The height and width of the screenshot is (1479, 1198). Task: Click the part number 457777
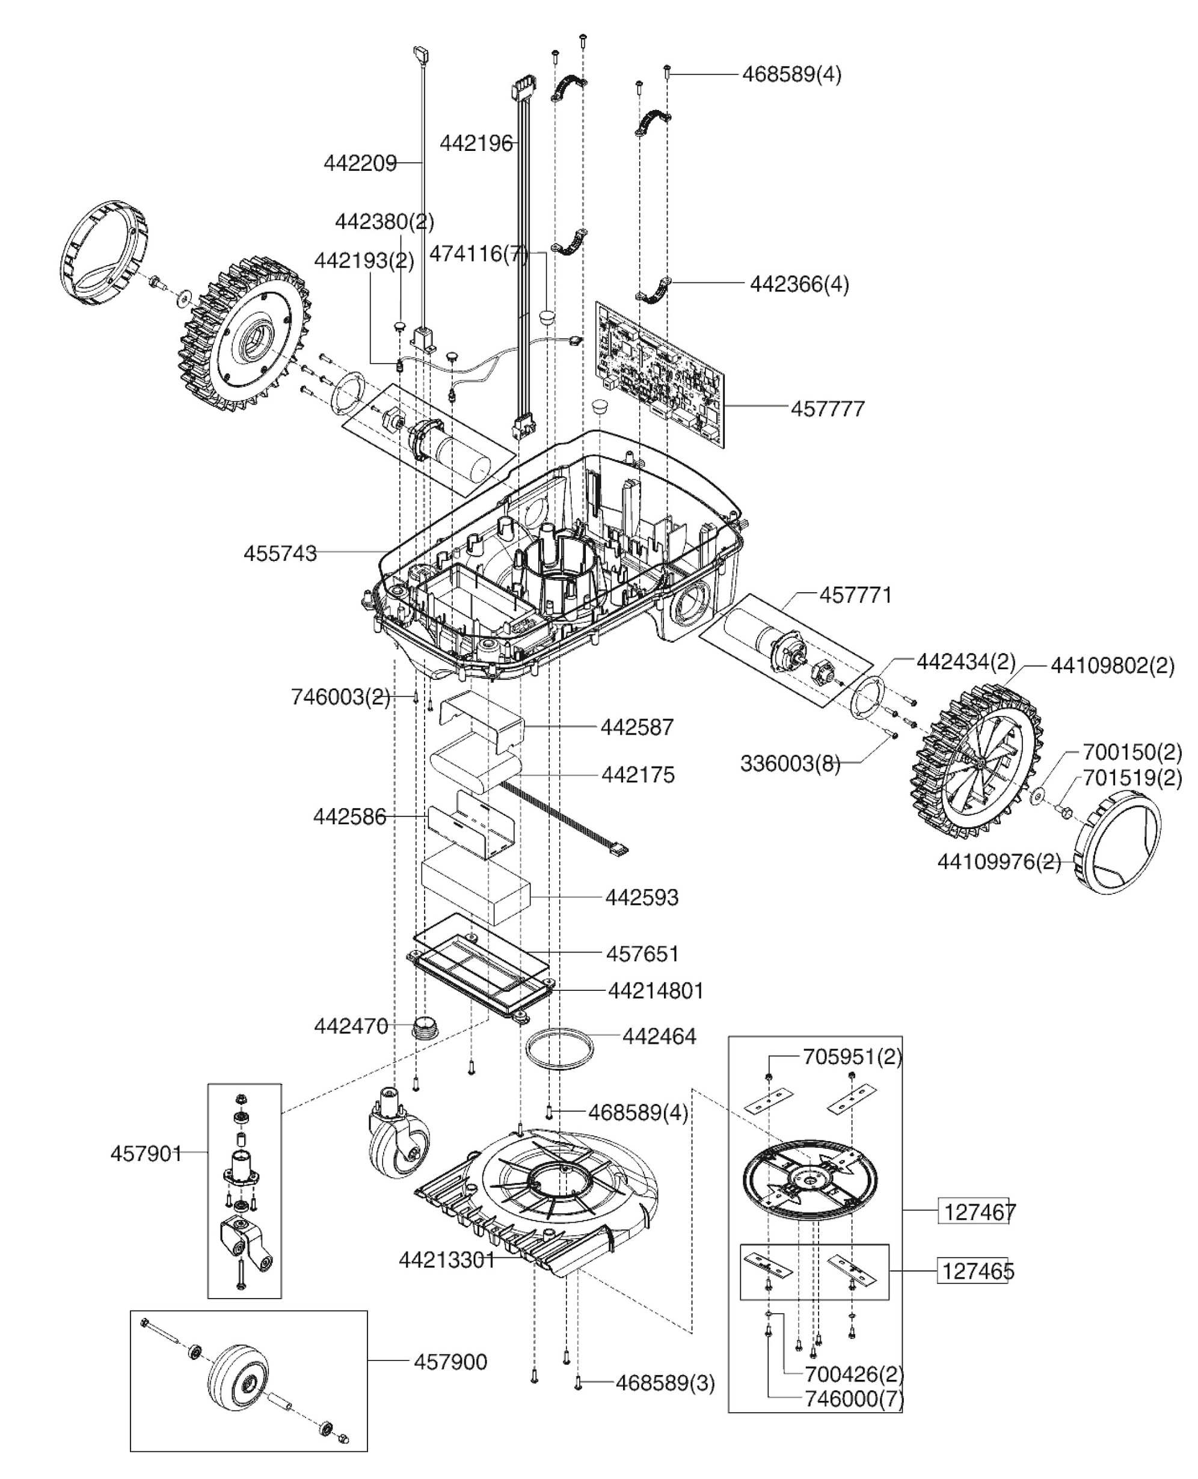[827, 409]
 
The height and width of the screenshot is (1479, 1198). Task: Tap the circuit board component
[660, 373]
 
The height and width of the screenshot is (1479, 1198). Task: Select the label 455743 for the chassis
[280, 553]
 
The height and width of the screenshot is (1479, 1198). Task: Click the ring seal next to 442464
[559, 1049]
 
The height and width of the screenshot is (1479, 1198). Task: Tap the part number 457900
[450, 1362]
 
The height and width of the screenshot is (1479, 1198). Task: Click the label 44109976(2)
[998, 862]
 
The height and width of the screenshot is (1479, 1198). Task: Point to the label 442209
[360, 164]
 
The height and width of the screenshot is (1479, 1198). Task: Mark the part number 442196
[476, 144]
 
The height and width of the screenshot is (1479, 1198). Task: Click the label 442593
[642, 898]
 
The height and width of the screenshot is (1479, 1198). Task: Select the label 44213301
[446, 1260]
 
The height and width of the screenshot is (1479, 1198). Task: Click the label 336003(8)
[790, 764]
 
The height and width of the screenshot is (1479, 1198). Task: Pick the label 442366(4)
[799, 284]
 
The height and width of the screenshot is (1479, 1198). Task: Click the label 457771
[855, 595]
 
